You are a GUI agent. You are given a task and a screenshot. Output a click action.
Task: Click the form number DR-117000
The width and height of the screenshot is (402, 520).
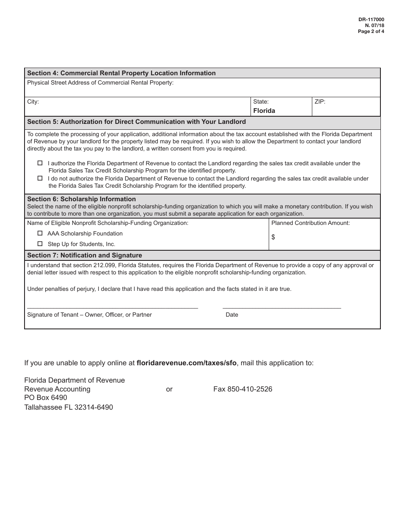click(x=371, y=19)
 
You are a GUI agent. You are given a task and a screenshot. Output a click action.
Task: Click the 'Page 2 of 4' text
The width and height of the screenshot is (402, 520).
click(x=371, y=31)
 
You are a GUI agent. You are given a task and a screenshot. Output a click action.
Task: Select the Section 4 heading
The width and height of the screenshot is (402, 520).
click(x=121, y=73)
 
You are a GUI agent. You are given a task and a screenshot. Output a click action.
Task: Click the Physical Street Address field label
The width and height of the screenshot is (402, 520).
click(x=100, y=83)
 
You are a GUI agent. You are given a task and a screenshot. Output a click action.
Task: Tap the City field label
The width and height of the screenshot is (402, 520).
click(x=33, y=102)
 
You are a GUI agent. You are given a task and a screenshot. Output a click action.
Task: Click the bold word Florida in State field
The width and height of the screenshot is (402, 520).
click(x=264, y=111)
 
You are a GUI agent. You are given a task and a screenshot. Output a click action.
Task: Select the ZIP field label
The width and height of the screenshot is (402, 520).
click(x=320, y=102)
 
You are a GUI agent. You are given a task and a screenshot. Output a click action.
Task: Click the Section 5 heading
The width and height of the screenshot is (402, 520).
click(x=136, y=122)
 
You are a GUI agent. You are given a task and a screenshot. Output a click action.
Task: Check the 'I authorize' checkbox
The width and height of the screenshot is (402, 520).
click(x=40, y=163)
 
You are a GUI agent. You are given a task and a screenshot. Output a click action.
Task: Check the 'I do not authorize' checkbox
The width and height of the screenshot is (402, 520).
click(x=40, y=178)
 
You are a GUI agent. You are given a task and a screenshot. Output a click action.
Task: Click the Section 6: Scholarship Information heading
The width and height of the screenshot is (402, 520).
click(x=82, y=199)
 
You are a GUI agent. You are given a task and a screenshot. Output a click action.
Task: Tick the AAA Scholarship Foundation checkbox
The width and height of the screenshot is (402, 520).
click(x=40, y=233)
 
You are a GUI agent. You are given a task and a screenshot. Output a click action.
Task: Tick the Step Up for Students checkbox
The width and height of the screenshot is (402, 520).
click(x=40, y=244)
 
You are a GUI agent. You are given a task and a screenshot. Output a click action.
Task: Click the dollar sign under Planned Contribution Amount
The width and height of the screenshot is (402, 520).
click(x=273, y=237)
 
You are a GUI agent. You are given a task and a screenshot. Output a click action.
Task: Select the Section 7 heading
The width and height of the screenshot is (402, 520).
click(x=85, y=255)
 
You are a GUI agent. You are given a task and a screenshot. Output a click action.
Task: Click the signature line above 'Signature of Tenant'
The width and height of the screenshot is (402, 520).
click(x=113, y=308)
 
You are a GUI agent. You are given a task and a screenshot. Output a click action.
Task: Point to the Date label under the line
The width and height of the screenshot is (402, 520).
click(x=232, y=315)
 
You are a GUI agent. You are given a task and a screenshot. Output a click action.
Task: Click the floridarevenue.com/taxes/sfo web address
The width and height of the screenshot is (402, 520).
click(x=187, y=363)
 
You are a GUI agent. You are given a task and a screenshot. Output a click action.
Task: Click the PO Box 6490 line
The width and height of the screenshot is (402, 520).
click(x=46, y=398)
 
